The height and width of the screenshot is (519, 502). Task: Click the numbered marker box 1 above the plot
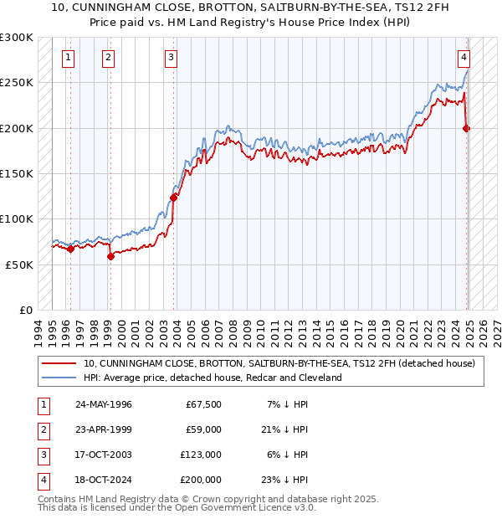tap(68, 58)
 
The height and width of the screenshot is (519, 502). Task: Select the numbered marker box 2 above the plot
tap(109, 58)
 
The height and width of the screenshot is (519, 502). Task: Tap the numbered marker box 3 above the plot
tap(171, 58)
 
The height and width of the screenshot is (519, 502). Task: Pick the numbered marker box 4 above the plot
tap(463, 58)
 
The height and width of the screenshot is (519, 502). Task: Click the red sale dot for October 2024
tap(466, 128)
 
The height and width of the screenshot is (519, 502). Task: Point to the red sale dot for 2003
tap(174, 198)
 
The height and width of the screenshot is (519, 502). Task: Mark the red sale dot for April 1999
tap(110, 256)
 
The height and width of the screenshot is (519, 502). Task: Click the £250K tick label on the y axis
tap(16, 83)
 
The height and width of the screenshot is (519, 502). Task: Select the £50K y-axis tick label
tap(18, 264)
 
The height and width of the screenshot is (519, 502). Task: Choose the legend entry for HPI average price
tap(213, 378)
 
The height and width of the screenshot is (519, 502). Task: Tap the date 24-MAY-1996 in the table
tap(103, 404)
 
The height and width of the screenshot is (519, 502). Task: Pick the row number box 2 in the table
tap(41, 429)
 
